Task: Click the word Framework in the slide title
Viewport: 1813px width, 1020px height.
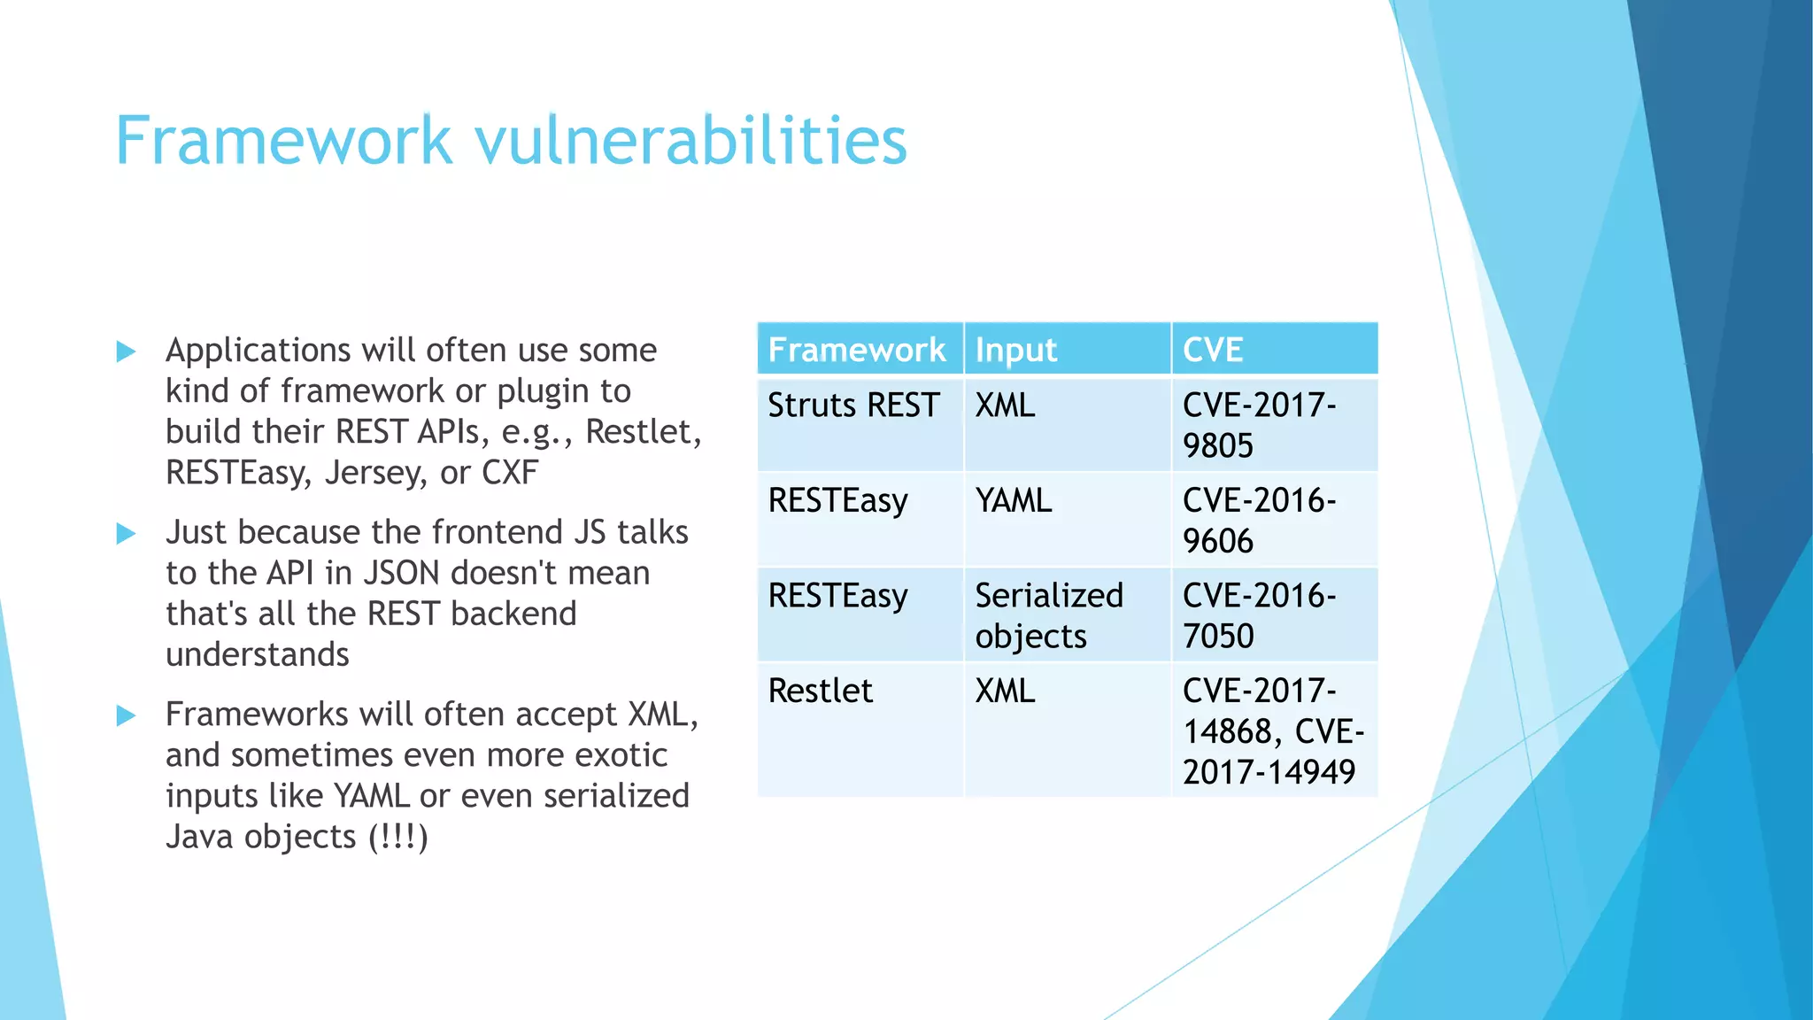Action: click(283, 142)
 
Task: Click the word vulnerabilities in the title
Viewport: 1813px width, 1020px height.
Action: click(691, 142)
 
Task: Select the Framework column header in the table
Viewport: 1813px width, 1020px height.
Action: click(856, 350)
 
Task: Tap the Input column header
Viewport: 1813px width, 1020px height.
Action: click(1015, 350)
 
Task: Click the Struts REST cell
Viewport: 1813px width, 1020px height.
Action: click(852, 406)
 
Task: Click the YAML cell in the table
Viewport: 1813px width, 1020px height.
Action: click(1013, 501)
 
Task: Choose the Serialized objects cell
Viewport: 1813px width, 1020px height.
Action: click(1048, 615)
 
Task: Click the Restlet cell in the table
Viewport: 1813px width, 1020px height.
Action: click(820, 691)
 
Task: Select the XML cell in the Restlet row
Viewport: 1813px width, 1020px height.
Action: click(1005, 691)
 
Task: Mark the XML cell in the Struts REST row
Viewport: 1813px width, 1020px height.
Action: click(1005, 406)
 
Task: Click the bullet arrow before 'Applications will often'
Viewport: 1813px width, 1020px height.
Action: click(127, 352)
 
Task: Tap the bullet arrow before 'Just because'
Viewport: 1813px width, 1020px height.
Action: click(127, 533)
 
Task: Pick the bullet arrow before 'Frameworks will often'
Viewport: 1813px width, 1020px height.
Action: click(127, 715)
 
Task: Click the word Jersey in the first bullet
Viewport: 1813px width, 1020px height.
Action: click(376, 473)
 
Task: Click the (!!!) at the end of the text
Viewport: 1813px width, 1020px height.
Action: click(398, 837)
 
